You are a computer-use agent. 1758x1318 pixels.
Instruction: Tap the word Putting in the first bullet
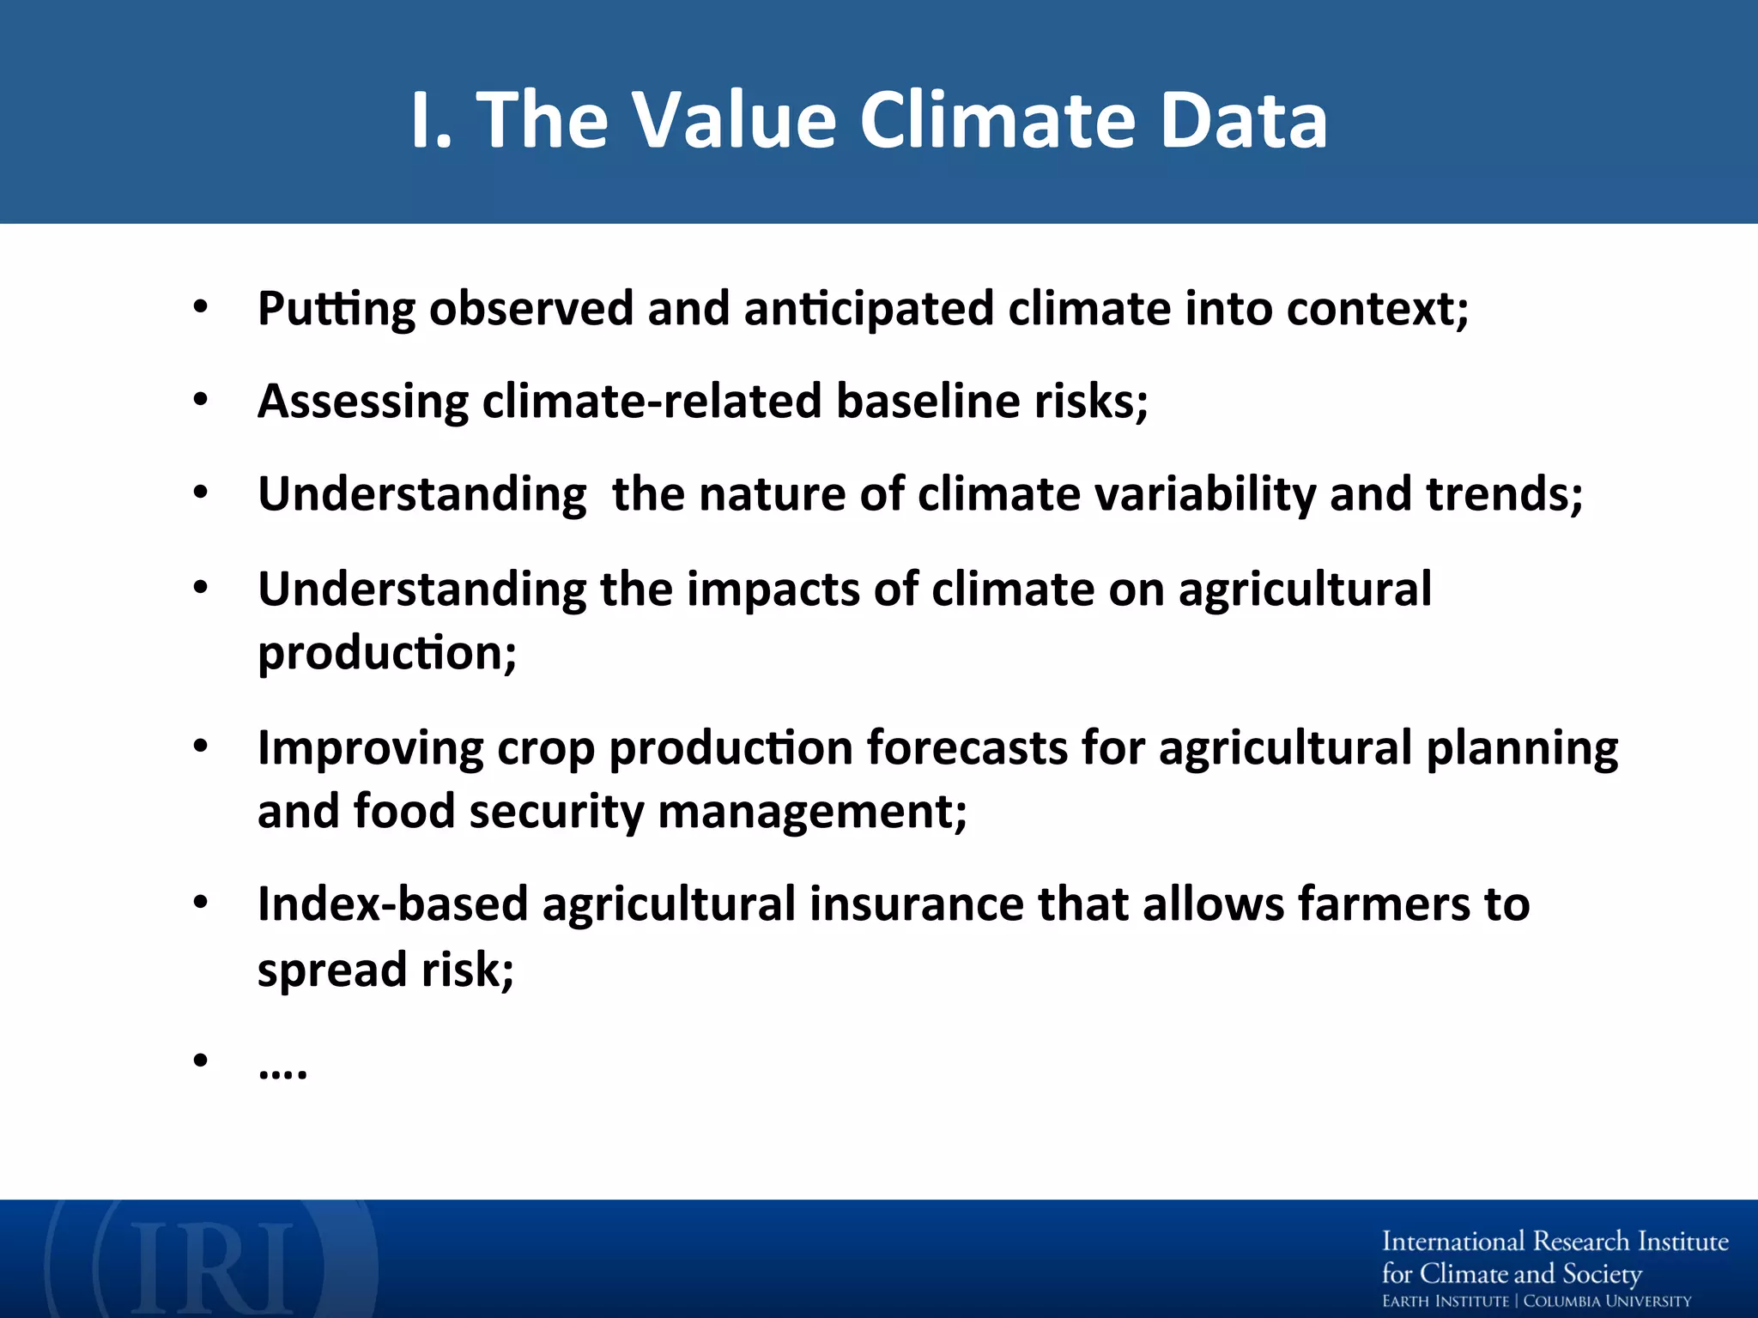[x=336, y=309]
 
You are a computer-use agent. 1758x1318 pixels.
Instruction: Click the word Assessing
[x=363, y=402]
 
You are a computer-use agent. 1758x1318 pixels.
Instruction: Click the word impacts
[x=772, y=590]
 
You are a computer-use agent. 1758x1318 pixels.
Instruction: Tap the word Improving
[x=370, y=748]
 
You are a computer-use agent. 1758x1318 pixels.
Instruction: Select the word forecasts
[x=967, y=748]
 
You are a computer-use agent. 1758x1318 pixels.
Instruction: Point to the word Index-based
[x=392, y=905]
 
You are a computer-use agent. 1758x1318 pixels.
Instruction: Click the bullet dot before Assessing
[x=201, y=400]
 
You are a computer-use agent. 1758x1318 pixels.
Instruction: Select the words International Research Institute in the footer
[x=1555, y=1242]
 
